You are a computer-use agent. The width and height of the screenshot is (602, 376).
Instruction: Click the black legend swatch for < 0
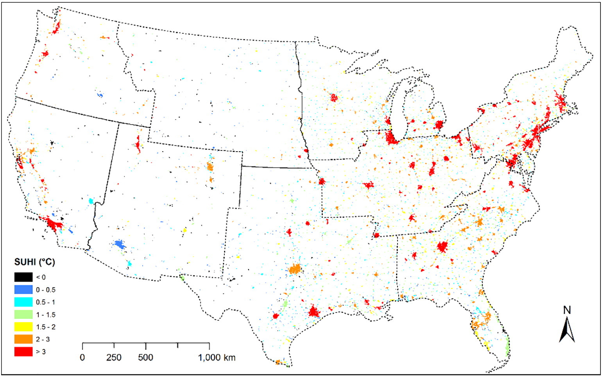[23, 277]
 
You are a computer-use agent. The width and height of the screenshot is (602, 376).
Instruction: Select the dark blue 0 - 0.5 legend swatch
[23, 289]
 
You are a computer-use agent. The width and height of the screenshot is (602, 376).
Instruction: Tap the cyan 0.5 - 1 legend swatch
[23, 302]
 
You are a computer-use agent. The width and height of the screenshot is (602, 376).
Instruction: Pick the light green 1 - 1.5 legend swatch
[23, 315]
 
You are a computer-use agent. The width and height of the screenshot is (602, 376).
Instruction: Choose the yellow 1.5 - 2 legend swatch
[23, 327]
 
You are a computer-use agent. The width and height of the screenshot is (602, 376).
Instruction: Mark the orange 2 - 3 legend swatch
[23, 339]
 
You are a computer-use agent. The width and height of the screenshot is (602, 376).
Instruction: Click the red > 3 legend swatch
[23, 351]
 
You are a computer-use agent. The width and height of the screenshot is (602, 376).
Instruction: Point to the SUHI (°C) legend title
[35, 262]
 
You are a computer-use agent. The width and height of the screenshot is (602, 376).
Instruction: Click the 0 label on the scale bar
[82, 358]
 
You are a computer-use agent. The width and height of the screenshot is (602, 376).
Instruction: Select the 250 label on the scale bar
[114, 358]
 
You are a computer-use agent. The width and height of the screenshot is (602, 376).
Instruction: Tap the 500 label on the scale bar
[145, 358]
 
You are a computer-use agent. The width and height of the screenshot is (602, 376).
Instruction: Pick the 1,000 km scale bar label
[217, 358]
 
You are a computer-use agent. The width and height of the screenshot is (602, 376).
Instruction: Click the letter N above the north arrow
[567, 310]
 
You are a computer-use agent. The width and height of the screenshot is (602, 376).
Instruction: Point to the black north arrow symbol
[567, 330]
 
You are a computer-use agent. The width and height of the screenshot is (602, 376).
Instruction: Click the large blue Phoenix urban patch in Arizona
[120, 245]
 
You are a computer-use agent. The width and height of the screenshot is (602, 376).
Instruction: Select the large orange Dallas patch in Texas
[296, 269]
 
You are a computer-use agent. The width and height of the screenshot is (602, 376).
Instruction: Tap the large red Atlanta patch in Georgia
[443, 247]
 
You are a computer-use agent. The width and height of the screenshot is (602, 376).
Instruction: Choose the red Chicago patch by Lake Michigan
[391, 138]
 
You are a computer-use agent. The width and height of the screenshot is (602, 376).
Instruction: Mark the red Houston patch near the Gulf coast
[313, 312]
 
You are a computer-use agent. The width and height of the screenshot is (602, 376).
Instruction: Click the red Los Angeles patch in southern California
[53, 224]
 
